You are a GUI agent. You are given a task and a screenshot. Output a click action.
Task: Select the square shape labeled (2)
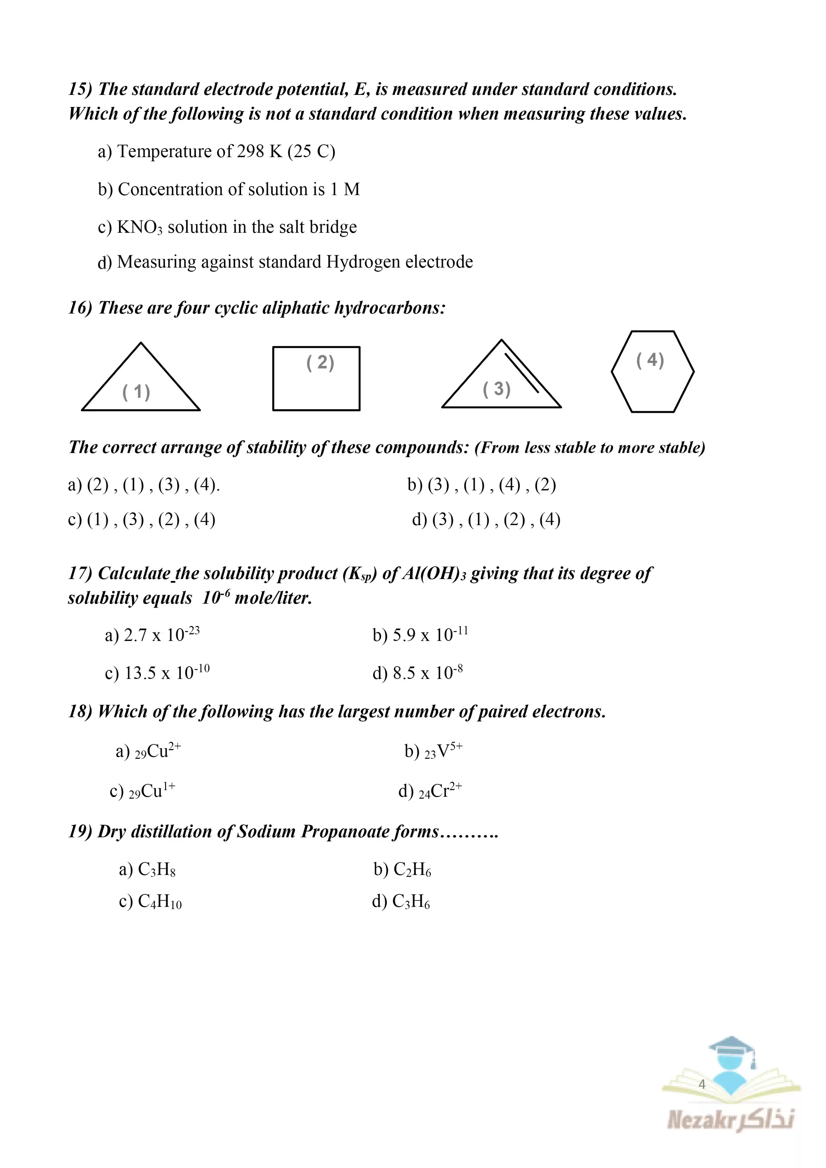click(x=316, y=379)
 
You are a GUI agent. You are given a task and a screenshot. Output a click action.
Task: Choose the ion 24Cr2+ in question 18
click(x=440, y=790)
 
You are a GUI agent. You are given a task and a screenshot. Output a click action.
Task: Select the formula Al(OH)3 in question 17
click(x=434, y=574)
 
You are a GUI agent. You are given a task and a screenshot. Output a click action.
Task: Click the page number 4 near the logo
click(x=702, y=1084)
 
